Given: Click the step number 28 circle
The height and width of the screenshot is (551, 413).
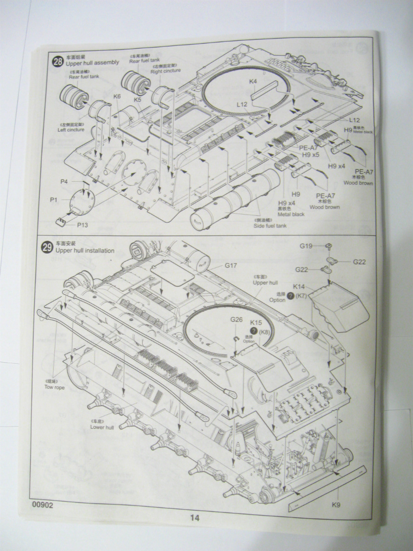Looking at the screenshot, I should pos(57,62).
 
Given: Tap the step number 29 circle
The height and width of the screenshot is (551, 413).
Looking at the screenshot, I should pos(47,248).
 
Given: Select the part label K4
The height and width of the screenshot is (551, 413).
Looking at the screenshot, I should pos(253,81).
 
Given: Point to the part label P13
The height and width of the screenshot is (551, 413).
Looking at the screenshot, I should pos(83,225).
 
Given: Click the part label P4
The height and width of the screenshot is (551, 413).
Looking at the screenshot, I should pos(64,182).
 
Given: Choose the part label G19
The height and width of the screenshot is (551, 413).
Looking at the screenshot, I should pos(306,246).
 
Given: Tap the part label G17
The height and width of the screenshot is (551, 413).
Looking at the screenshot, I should pos(230,265).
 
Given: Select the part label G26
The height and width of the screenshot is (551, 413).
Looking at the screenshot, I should pos(236,320).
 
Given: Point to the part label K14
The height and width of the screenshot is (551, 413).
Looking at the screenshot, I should pos(299,286).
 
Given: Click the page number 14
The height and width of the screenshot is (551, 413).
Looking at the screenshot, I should pos(195,518).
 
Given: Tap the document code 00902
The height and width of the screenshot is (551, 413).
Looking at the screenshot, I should pos(43,505).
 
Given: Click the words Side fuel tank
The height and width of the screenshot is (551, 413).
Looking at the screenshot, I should pos(271,226).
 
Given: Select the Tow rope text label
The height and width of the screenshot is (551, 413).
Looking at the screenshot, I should pos(55,387).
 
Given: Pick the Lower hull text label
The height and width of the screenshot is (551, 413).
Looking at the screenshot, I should pos(102,427).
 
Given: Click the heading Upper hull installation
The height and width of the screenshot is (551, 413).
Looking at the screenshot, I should pos(85,251).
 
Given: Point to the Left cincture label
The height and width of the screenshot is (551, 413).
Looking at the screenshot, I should pos(71,129).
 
